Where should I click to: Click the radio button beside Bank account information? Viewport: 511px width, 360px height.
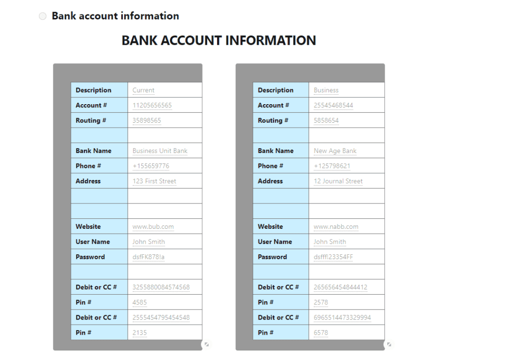point(43,16)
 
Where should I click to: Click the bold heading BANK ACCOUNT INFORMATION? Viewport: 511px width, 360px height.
point(219,40)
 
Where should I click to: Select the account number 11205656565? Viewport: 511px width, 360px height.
point(152,105)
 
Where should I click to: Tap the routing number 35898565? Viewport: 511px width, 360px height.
point(147,121)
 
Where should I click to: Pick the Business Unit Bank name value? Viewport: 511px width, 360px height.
point(160,151)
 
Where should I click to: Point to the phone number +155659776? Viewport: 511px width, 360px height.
point(151,166)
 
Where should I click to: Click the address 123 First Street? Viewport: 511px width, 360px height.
point(154,181)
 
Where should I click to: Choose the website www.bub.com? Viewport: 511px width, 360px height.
point(153,226)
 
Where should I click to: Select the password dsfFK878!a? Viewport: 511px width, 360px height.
point(148,257)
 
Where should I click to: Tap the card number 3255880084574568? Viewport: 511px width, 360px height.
point(161,287)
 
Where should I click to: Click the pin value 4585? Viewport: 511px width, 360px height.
point(140,302)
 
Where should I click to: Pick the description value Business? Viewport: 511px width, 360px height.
point(326,90)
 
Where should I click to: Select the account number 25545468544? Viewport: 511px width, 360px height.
point(333,105)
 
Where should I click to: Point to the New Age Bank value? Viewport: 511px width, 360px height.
point(335,151)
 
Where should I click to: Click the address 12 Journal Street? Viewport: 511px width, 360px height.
point(338,181)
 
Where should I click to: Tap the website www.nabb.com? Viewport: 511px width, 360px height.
point(336,226)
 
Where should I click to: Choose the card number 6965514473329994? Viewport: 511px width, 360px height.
point(342,318)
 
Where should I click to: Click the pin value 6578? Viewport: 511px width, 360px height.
point(321,333)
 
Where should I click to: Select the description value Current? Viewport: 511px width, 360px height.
point(143,90)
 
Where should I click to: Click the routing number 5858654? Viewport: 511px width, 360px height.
point(326,121)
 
